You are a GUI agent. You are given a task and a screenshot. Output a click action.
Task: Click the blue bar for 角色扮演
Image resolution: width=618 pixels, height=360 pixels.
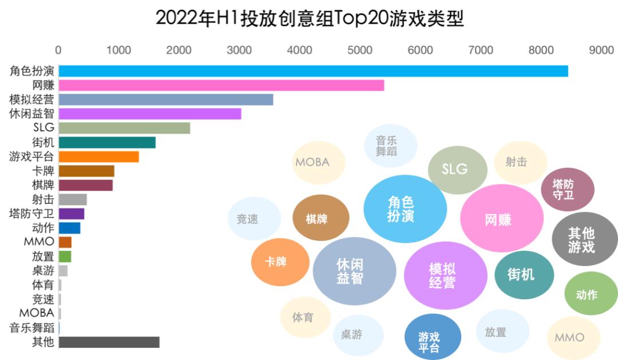(x=313, y=71)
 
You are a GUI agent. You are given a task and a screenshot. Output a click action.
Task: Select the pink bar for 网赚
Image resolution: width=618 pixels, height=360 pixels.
(x=221, y=85)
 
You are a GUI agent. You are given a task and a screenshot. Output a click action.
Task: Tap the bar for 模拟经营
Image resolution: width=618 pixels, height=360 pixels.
(x=166, y=100)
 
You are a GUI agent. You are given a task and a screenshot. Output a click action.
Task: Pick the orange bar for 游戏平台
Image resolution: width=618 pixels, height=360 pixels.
(x=98, y=157)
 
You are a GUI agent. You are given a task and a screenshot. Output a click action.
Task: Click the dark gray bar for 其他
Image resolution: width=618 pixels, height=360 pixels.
(x=109, y=342)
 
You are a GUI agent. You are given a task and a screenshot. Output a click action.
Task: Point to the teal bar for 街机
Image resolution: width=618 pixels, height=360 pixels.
(x=107, y=143)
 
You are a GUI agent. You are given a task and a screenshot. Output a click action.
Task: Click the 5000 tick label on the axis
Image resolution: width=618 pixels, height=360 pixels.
(x=360, y=50)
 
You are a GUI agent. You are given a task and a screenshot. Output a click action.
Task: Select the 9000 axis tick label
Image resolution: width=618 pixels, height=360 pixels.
(x=601, y=50)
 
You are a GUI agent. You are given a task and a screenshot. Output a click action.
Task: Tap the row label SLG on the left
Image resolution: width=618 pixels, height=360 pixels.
(x=43, y=128)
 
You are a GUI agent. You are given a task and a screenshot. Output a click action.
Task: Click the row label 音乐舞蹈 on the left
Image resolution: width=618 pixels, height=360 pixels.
(x=32, y=328)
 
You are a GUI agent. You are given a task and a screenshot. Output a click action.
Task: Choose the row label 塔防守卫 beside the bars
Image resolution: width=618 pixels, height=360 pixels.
(x=32, y=213)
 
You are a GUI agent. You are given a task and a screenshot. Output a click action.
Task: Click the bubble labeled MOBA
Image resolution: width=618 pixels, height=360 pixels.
(x=312, y=162)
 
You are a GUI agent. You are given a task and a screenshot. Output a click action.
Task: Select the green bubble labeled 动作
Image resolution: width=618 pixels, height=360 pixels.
(x=587, y=294)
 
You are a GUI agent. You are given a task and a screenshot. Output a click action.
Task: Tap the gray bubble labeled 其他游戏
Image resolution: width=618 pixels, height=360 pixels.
(x=581, y=240)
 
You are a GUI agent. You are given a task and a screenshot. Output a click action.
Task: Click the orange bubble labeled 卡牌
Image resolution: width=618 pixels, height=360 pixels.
(x=276, y=262)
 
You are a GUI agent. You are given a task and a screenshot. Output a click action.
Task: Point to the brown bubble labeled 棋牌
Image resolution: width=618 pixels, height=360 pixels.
(x=316, y=218)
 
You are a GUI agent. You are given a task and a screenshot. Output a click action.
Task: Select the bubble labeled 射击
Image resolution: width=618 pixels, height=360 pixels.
(x=516, y=162)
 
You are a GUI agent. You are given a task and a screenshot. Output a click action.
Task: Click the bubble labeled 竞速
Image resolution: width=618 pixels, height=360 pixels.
(x=247, y=219)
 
